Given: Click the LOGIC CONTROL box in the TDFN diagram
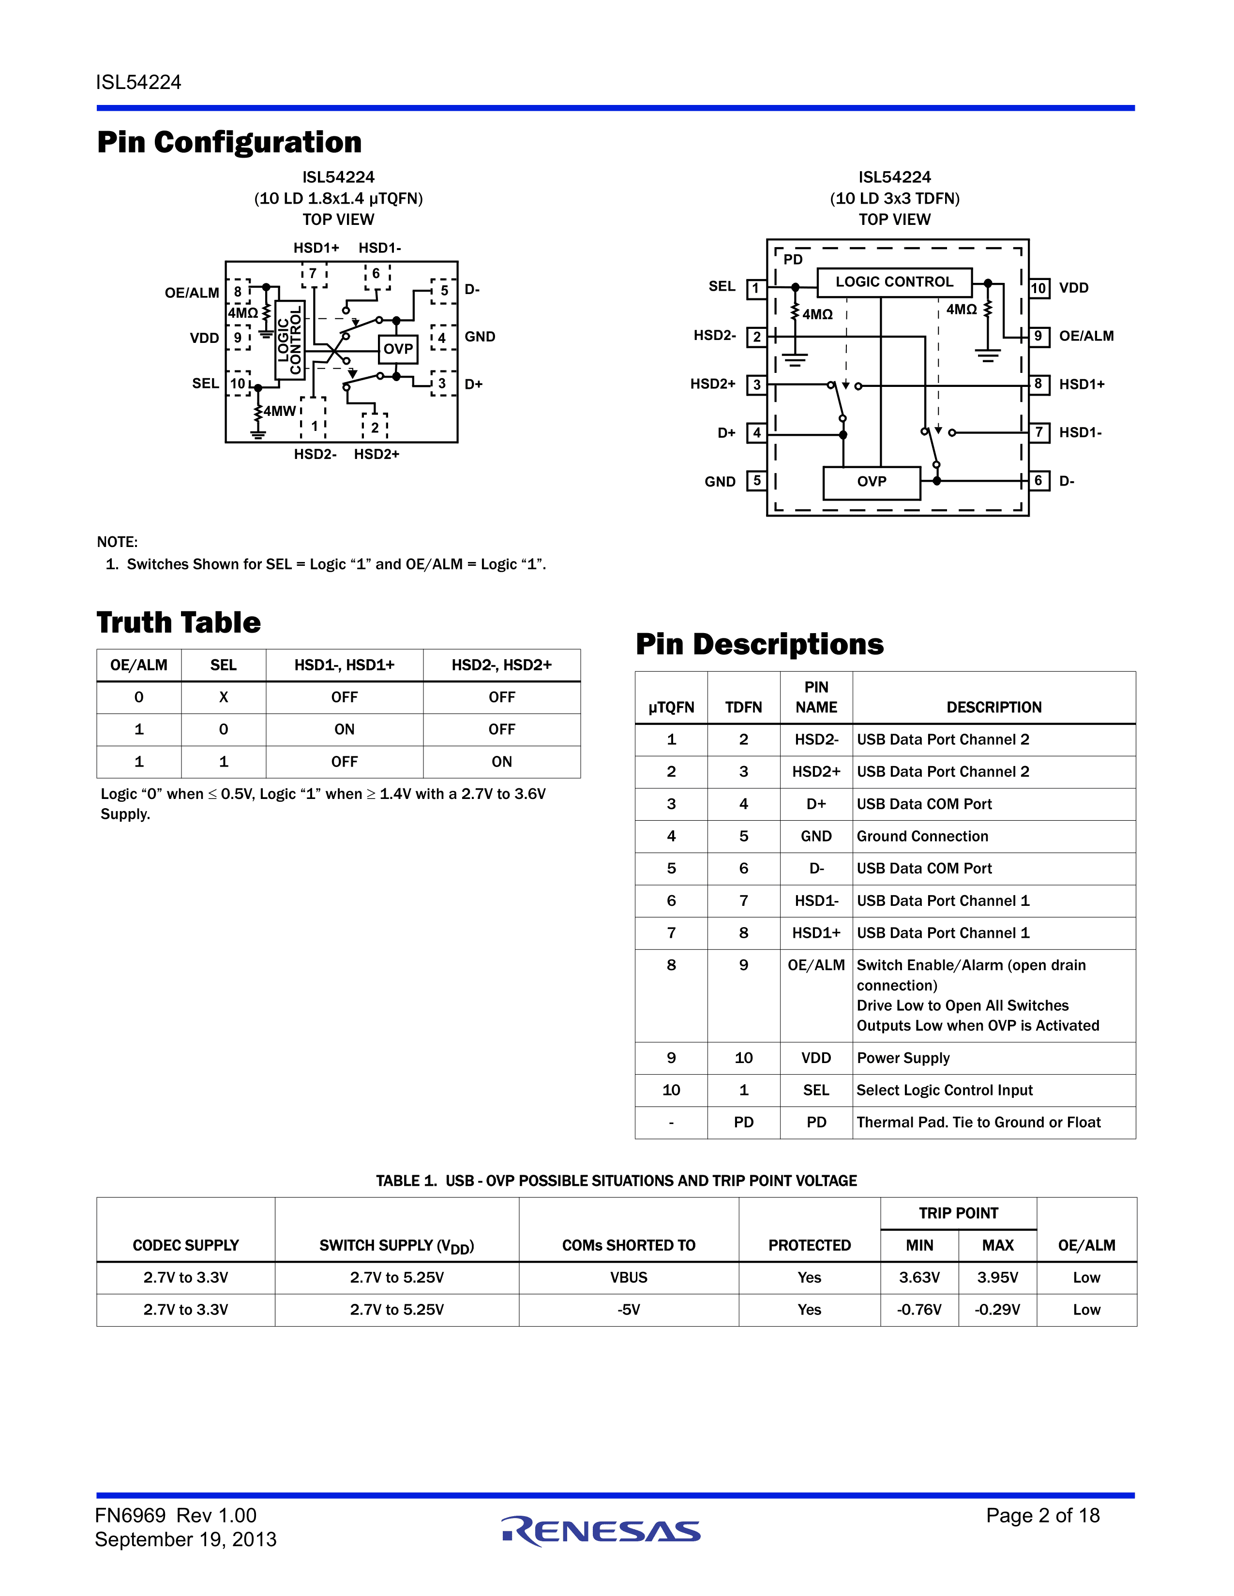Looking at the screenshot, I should [x=894, y=282].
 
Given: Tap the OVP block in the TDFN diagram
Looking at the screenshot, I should [x=872, y=482].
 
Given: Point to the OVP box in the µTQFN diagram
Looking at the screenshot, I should [x=398, y=349].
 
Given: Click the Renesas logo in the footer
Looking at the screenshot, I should [x=601, y=1531].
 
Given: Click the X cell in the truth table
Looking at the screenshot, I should [x=224, y=697].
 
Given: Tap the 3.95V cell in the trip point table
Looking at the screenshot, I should [x=997, y=1277].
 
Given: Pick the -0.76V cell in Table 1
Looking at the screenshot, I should [x=919, y=1310].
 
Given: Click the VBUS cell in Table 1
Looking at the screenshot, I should [x=629, y=1277].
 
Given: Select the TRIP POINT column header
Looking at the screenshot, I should [x=958, y=1213].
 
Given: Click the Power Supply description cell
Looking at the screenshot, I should [x=903, y=1058].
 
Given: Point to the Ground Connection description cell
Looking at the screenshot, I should [x=922, y=836].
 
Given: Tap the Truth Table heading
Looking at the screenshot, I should [x=179, y=622].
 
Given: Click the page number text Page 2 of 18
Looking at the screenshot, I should [x=1042, y=1516].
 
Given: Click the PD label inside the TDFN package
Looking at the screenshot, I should [x=793, y=259].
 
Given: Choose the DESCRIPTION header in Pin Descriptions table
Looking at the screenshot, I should [x=993, y=708].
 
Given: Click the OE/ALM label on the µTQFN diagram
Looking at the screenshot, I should [x=192, y=293].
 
